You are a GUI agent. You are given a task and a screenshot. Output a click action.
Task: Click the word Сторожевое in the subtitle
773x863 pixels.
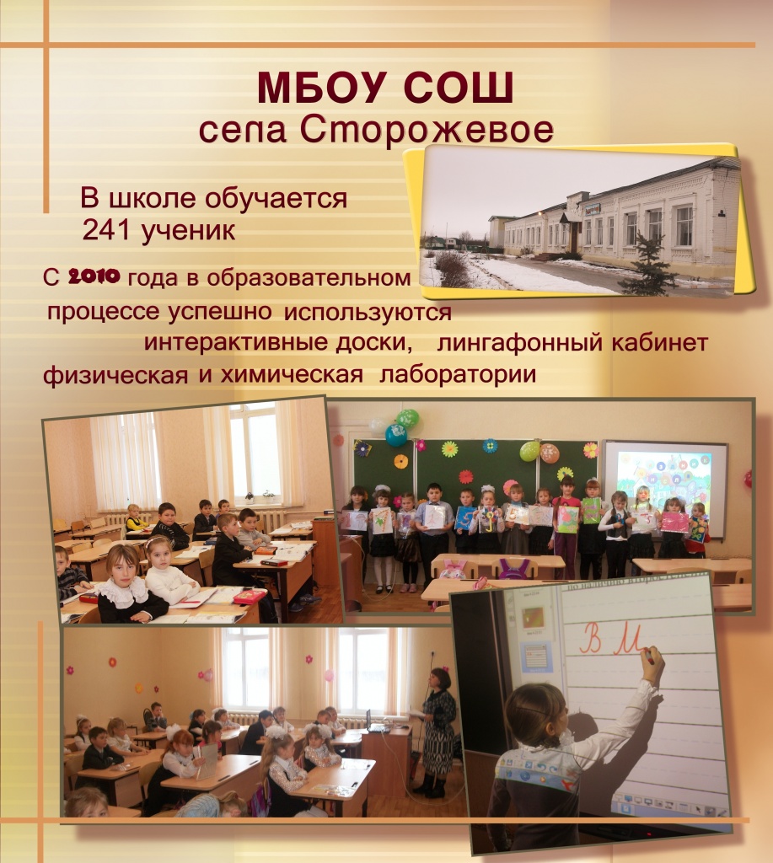click(x=427, y=130)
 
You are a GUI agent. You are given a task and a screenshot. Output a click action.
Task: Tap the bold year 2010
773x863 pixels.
click(x=94, y=276)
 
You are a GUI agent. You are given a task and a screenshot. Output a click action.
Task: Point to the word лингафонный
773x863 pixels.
click(x=520, y=342)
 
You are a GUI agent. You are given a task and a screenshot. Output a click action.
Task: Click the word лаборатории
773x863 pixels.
click(x=458, y=374)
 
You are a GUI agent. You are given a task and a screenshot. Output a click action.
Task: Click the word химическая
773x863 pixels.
click(x=292, y=374)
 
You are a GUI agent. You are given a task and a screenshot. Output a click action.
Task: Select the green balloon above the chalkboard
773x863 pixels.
click(x=407, y=419)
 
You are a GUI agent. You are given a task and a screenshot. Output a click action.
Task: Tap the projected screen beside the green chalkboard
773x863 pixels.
click(x=665, y=485)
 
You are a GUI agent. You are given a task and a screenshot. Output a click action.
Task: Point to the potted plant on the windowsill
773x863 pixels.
click(x=268, y=496)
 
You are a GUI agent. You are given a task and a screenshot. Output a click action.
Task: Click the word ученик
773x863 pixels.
click(x=189, y=231)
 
